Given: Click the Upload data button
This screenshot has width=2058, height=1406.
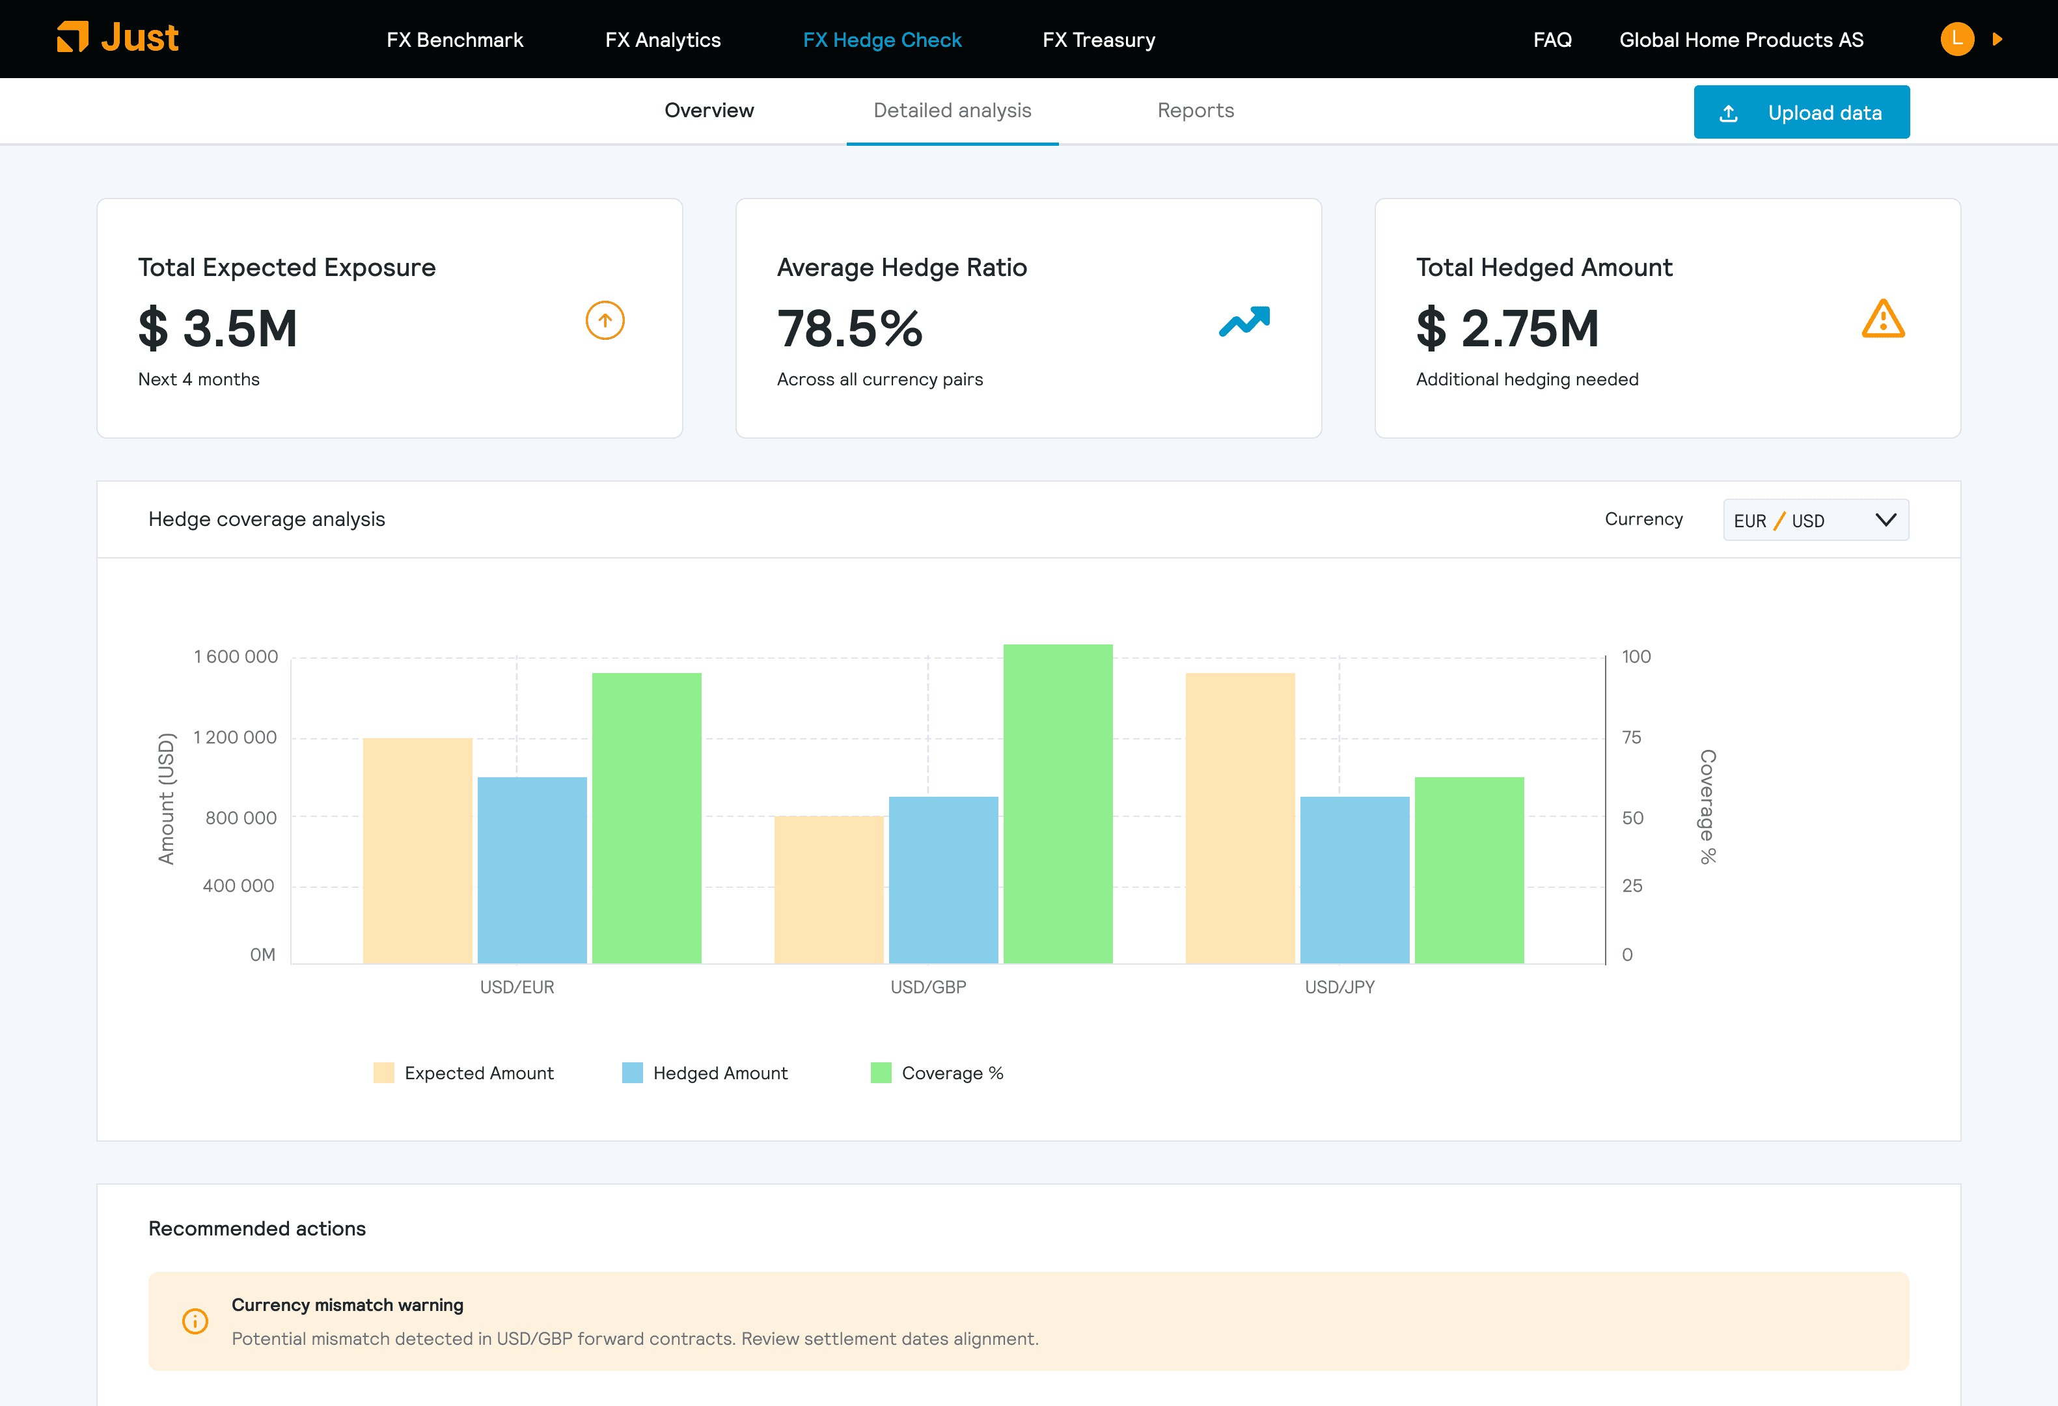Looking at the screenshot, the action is (x=1801, y=113).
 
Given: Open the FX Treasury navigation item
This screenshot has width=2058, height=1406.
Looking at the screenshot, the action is (x=1099, y=40).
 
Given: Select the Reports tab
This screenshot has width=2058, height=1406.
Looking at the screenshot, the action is (x=1196, y=111).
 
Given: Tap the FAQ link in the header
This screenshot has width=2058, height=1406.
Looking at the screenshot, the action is (x=1552, y=40).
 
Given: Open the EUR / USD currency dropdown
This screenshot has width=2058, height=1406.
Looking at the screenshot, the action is (x=1815, y=519).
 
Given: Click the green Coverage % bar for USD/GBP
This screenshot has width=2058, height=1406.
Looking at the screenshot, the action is (x=1058, y=804).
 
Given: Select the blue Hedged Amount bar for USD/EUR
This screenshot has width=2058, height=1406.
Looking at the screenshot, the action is (x=532, y=870).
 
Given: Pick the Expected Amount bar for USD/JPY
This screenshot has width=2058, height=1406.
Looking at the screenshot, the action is (x=1240, y=818).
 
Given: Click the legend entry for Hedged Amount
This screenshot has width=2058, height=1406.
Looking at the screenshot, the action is (x=705, y=1073).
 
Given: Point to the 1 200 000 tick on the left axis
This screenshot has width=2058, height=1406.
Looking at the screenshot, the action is (x=235, y=737).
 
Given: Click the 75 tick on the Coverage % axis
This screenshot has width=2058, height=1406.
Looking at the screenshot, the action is (x=1631, y=737).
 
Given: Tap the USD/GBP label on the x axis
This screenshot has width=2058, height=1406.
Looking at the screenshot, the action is (x=928, y=987).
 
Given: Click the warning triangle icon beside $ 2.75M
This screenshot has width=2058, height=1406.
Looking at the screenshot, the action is (x=1884, y=320).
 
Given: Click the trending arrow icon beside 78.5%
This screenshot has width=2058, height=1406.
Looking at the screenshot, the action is (x=1244, y=322).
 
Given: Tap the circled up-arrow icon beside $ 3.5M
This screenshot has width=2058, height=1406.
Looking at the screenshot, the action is (x=606, y=320).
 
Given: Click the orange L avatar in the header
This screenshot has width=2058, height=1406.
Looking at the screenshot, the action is (x=1957, y=39).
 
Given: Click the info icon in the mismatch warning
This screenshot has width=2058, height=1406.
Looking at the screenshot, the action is (x=195, y=1321).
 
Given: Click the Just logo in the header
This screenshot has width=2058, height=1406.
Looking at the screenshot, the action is (x=118, y=38).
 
